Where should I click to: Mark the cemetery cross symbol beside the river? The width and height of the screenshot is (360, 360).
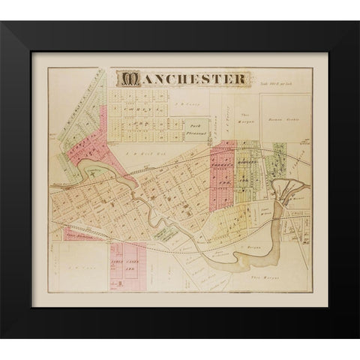click(91, 172)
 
